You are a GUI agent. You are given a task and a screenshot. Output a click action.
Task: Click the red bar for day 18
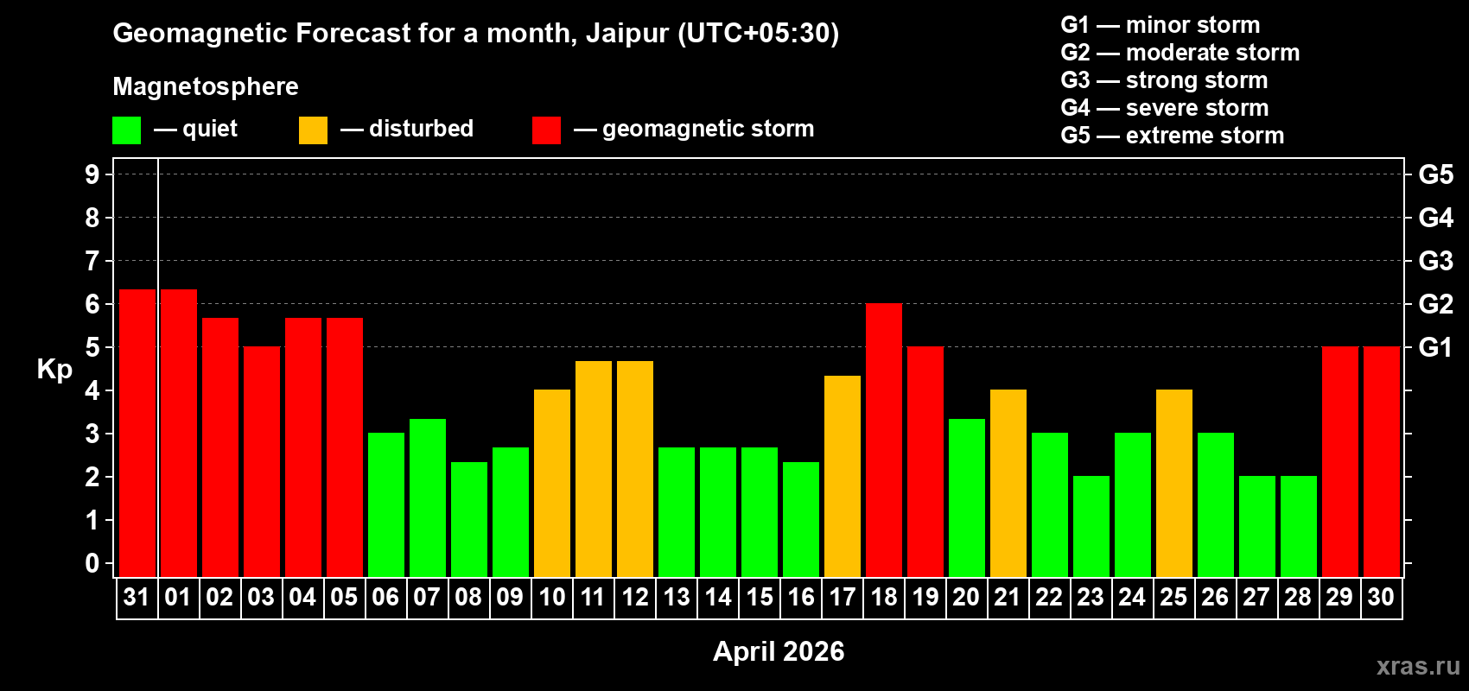pyautogui.click(x=884, y=441)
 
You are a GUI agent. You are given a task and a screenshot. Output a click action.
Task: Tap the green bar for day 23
pyautogui.click(x=1091, y=527)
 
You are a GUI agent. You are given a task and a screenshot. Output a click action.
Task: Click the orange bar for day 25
pyautogui.click(x=1174, y=484)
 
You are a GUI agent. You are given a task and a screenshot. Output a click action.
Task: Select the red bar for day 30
pyautogui.click(x=1382, y=462)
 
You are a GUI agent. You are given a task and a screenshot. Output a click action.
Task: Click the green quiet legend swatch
pyautogui.click(x=127, y=130)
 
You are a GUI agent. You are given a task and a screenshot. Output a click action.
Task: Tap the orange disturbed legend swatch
pyautogui.click(x=313, y=130)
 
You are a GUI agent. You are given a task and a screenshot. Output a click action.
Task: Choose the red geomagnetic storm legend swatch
pyautogui.click(x=546, y=130)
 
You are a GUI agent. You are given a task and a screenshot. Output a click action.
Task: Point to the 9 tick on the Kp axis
pyautogui.click(x=92, y=174)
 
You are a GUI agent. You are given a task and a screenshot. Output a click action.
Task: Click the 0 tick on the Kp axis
pyautogui.click(x=92, y=564)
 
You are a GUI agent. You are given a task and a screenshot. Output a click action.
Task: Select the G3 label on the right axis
pyautogui.click(x=1435, y=261)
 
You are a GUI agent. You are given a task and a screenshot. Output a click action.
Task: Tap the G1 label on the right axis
pyautogui.click(x=1435, y=347)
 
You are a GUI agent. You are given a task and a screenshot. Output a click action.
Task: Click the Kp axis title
pyautogui.click(x=54, y=370)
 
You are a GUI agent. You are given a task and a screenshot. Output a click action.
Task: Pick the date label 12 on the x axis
pyautogui.click(x=635, y=598)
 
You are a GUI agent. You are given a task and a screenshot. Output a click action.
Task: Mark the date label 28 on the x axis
pyautogui.click(x=1298, y=598)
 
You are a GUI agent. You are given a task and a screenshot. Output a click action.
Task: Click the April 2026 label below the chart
pyautogui.click(x=779, y=651)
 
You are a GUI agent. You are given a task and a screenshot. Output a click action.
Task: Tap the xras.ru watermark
pyautogui.click(x=1418, y=666)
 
